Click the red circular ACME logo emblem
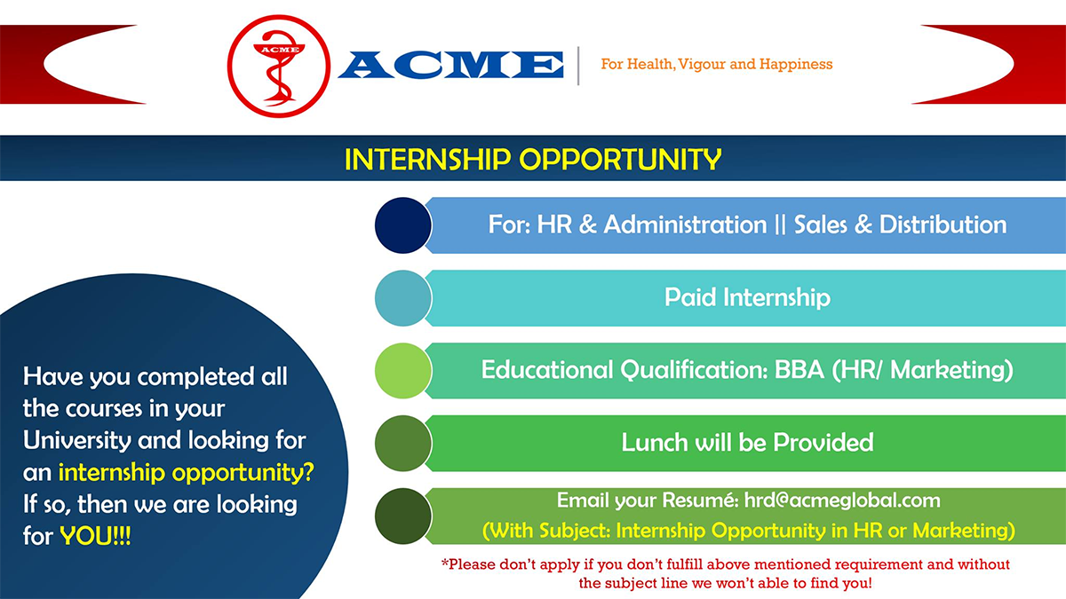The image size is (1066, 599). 279,66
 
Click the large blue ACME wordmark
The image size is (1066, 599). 451,64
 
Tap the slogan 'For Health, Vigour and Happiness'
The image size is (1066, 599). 717,64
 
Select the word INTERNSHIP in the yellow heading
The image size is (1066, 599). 427,159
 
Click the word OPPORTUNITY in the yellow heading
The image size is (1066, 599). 620,159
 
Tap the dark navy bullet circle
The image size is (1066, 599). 403,225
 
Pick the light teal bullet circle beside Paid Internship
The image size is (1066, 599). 403,298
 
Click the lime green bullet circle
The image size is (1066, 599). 403,371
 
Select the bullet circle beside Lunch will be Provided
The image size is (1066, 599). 403,444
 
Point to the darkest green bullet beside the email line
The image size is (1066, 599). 403,516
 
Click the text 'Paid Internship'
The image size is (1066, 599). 747,298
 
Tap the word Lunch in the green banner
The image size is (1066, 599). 655,443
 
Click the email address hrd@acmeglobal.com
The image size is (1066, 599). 842,500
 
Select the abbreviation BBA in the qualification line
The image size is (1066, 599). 799,370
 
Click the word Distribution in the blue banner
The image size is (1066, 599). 943,225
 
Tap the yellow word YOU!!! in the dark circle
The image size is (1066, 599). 95,536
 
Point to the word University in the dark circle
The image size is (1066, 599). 76,441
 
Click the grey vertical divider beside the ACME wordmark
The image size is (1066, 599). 578,66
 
